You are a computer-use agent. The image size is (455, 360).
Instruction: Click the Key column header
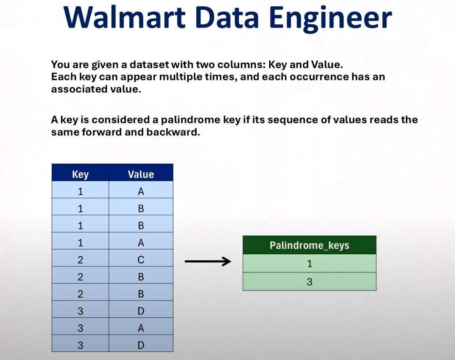point(80,174)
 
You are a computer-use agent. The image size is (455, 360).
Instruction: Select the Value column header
point(141,174)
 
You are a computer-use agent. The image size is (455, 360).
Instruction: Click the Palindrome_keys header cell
point(309,245)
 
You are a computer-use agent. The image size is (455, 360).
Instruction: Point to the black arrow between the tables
point(208,262)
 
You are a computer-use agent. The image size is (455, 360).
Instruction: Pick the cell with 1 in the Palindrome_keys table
point(309,264)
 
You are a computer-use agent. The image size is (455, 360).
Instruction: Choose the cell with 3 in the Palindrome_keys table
point(309,282)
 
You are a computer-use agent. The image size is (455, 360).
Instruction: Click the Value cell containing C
point(141,260)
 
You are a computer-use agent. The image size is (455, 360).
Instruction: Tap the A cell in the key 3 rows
point(141,328)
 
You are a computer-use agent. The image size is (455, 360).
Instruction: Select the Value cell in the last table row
point(141,345)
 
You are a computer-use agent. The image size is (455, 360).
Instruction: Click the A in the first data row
point(141,192)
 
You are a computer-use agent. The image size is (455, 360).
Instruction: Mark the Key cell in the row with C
point(80,260)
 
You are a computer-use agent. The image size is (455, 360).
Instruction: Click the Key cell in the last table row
point(80,345)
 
